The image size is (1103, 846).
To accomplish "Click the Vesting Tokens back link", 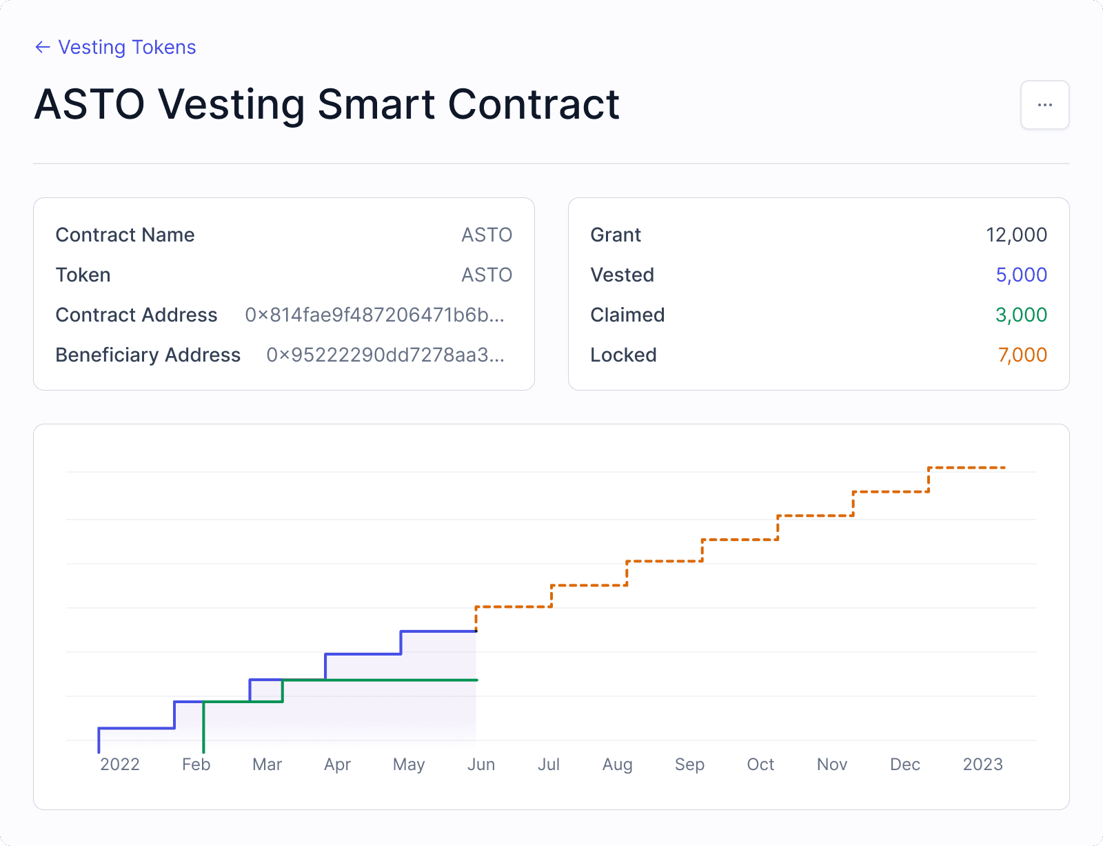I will [116, 47].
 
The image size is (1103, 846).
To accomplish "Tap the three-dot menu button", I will [1044, 105].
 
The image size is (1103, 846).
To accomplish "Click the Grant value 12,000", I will [1016, 235].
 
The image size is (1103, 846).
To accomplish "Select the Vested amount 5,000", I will [1021, 275].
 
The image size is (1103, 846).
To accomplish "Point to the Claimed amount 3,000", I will [1021, 315].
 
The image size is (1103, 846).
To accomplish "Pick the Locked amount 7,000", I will [1022, 355].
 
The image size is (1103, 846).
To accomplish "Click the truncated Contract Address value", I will [375, 315].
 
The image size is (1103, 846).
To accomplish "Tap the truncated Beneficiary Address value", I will [385, 355].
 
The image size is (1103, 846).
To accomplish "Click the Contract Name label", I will [125, 235].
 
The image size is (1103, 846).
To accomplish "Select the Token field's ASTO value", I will [487, 275].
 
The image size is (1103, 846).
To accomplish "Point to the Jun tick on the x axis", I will [480, 764].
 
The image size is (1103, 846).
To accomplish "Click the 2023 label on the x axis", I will [982, 764].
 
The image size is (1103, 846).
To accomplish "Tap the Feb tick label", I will [196, 764].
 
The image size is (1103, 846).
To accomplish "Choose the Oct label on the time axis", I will [760, 764].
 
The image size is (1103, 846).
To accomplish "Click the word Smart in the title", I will [376, 105].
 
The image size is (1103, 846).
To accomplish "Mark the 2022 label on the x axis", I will [120, 764].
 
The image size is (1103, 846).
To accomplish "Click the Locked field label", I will [623, 355].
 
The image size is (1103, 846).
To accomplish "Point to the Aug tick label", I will [617, 764].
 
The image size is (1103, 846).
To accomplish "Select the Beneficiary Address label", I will [148, 355].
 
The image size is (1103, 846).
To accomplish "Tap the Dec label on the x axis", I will [904, 764].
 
